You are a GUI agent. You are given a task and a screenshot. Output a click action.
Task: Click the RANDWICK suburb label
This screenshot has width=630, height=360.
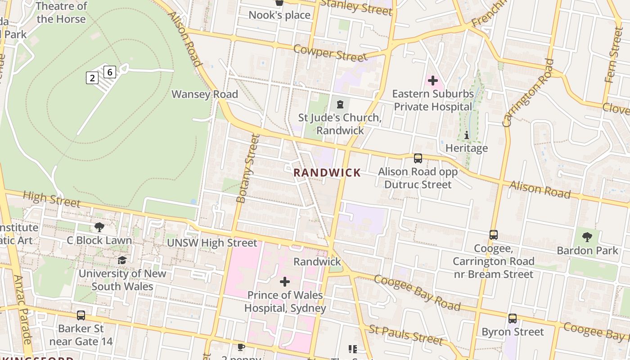(327, 173)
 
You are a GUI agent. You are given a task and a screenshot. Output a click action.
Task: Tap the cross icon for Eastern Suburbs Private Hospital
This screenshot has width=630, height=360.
(433, 81)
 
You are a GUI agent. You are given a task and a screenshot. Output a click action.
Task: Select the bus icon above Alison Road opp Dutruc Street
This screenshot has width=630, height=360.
(418, 158)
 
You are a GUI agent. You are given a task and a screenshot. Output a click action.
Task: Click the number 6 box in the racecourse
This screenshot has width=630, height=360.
(110, 72)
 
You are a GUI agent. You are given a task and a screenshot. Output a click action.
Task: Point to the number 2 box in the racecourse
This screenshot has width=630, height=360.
(92, 78)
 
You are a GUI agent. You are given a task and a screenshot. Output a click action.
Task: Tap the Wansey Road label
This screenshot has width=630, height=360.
(205, 94)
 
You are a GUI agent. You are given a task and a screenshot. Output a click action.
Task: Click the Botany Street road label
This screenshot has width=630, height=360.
(247, 169)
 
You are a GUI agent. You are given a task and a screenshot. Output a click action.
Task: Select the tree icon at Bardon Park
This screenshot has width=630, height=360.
(587, 237)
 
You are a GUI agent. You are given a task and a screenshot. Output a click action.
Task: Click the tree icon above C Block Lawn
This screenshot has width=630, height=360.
(99, 227)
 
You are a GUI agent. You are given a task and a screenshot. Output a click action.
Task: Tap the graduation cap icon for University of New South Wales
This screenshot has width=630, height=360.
(122, 260)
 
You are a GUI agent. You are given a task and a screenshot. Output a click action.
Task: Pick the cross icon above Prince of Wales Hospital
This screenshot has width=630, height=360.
(284, 282)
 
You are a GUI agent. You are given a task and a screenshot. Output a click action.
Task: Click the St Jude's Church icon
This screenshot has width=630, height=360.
(340, 105)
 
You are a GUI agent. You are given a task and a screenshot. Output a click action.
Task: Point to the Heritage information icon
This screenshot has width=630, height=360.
(467, 135)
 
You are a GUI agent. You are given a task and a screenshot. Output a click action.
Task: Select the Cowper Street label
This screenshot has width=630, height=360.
(330, 53)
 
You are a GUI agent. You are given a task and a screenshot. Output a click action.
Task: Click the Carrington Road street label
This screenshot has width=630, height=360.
(528, 93)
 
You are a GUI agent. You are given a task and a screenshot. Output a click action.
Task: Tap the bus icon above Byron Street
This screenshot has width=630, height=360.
(513, 319)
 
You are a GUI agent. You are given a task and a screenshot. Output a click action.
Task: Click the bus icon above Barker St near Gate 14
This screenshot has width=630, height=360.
(81, 315)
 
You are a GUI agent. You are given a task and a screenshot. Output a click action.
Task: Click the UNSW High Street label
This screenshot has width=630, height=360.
(212, 243)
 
